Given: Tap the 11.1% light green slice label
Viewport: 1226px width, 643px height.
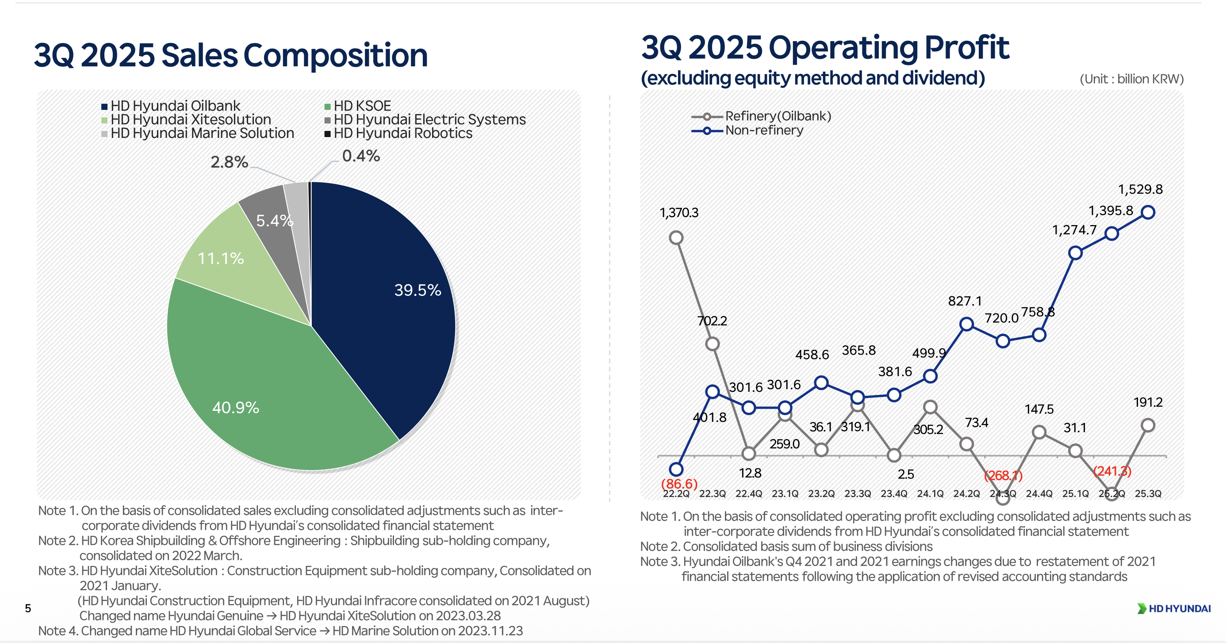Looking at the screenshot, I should (x=220, y=258).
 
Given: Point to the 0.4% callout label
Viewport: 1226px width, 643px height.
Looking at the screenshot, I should (x=361, y=156).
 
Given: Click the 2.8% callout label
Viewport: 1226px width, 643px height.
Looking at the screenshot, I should (x=230, y=162).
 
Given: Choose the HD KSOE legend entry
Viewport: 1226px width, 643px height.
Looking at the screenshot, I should (x=358, y=106).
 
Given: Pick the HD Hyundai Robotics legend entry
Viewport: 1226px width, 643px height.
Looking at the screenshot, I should (x=399, y=133).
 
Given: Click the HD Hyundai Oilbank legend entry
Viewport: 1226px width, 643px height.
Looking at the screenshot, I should (x=171, y=106).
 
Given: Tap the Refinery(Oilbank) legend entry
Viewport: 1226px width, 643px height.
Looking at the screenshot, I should (x=762, y=116).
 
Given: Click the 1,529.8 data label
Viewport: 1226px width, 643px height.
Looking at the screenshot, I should (x=1140, y=189).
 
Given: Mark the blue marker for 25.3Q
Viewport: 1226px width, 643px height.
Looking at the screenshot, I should (x=1148, y=212).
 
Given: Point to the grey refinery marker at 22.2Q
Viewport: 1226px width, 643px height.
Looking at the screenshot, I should (x=676, y=237).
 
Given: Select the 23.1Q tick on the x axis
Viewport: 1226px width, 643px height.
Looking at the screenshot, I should (x=785, y=494).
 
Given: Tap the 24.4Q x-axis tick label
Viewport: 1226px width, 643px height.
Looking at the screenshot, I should (x=1039, y=494).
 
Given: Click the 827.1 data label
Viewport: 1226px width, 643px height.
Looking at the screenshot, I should (x=965, y=301).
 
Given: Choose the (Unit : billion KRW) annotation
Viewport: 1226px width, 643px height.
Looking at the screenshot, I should (x=1131, y=79).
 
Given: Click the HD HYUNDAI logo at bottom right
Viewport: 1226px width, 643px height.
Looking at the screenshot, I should (x=1174, y=609).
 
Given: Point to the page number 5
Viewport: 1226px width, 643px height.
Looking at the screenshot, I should (x=28, y=608).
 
